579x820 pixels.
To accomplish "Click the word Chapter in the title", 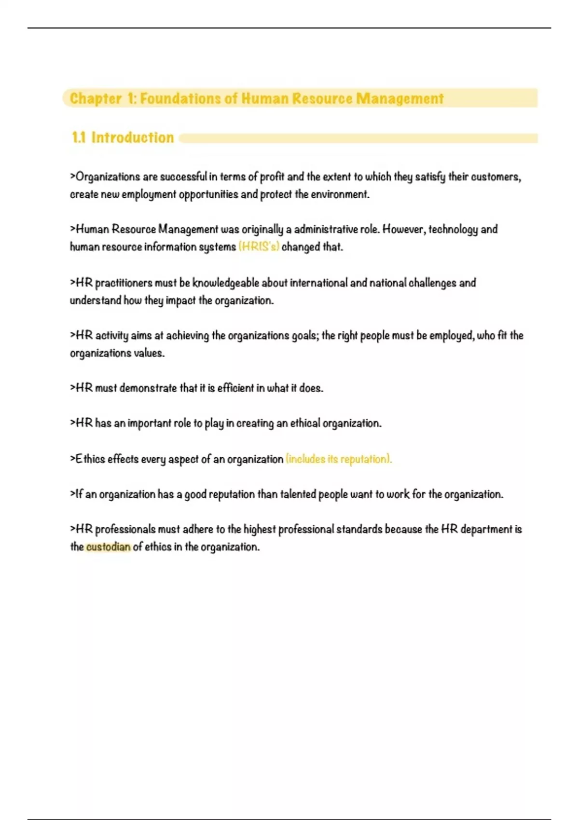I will pos(96,98).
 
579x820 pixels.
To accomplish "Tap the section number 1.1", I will pos(79,137).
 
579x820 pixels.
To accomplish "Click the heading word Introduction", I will pos(132,137).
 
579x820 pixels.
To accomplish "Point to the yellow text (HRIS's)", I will pos(259,247).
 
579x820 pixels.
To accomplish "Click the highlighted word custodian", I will pos(108,547).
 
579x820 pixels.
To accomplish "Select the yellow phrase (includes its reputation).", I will pos(338,459).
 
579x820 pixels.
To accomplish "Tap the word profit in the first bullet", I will pos(272,177).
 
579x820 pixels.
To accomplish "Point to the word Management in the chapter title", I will pos(400,98).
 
